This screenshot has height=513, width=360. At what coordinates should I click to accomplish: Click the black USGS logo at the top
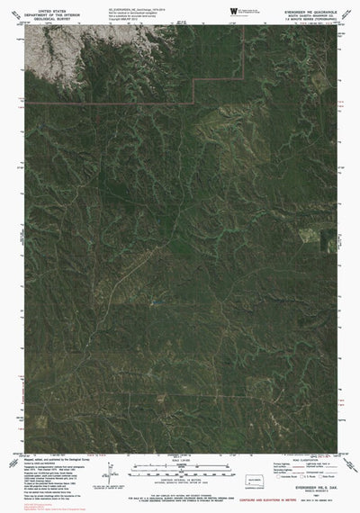pos(236,11)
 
